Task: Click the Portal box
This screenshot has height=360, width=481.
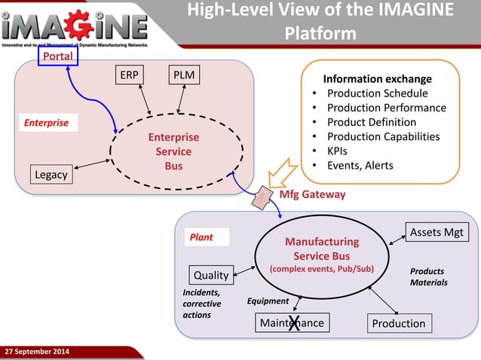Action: click(57, 56)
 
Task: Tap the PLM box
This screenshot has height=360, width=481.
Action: click(183, 76)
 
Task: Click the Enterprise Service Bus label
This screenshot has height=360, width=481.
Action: click(173, 152)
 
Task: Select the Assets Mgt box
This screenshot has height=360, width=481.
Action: click(437, 232)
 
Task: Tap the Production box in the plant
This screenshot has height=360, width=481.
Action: click(399, 323)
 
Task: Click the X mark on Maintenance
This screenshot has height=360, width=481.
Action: click(294, 324)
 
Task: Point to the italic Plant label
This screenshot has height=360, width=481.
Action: click(201, 236)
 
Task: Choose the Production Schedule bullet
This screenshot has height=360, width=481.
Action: click(377, 93)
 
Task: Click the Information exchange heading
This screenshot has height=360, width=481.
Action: click(377, 78)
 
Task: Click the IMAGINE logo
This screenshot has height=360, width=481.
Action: click(75, 29)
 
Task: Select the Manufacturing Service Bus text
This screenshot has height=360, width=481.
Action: click(322, 249)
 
